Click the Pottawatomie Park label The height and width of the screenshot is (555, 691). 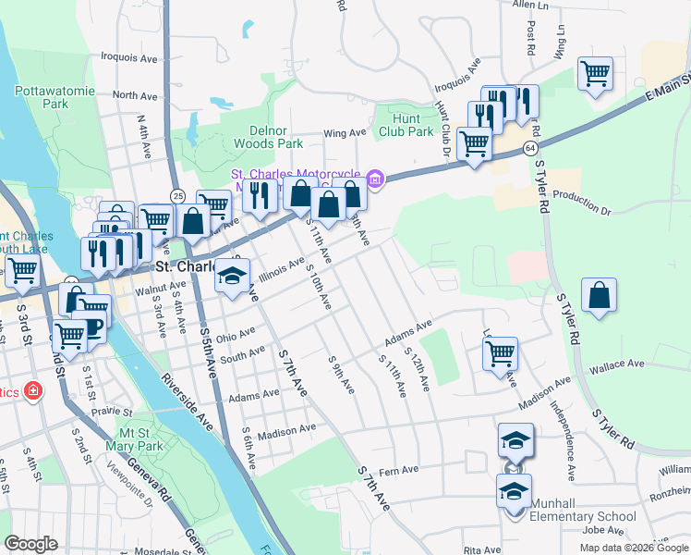pos(42,97)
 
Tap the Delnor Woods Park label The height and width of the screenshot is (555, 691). pos(268,137)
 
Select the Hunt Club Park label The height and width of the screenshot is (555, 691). pos(406,125)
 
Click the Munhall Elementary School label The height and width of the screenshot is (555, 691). pos(582,510)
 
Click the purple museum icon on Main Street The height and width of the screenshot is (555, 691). pos(374,178)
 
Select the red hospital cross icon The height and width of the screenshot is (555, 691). pos(33,391)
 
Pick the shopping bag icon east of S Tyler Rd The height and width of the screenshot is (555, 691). pos(600,295)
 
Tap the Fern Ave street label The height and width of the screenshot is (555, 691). pos(399,471)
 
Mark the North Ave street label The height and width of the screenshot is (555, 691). pos(135,95)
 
